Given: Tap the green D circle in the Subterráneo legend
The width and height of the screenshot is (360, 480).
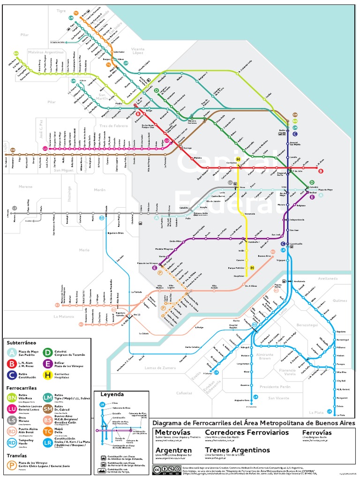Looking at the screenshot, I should (x=48, y=352).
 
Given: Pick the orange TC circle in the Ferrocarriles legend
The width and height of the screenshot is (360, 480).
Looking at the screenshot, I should (x=48, y=431).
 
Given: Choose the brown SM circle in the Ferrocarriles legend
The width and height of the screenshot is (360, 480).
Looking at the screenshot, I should (x=48, y=409).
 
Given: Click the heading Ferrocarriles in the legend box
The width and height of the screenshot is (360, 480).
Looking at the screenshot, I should (x=22, y=388).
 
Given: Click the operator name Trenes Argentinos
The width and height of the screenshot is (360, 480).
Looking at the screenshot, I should (x=238, y=450).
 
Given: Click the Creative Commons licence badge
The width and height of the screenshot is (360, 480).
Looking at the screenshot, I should (x=165, y=470).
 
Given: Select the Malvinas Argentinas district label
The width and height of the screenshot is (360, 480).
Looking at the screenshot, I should (x=45, y=52).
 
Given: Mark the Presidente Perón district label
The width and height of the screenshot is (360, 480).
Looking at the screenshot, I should (x=276, y=387).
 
